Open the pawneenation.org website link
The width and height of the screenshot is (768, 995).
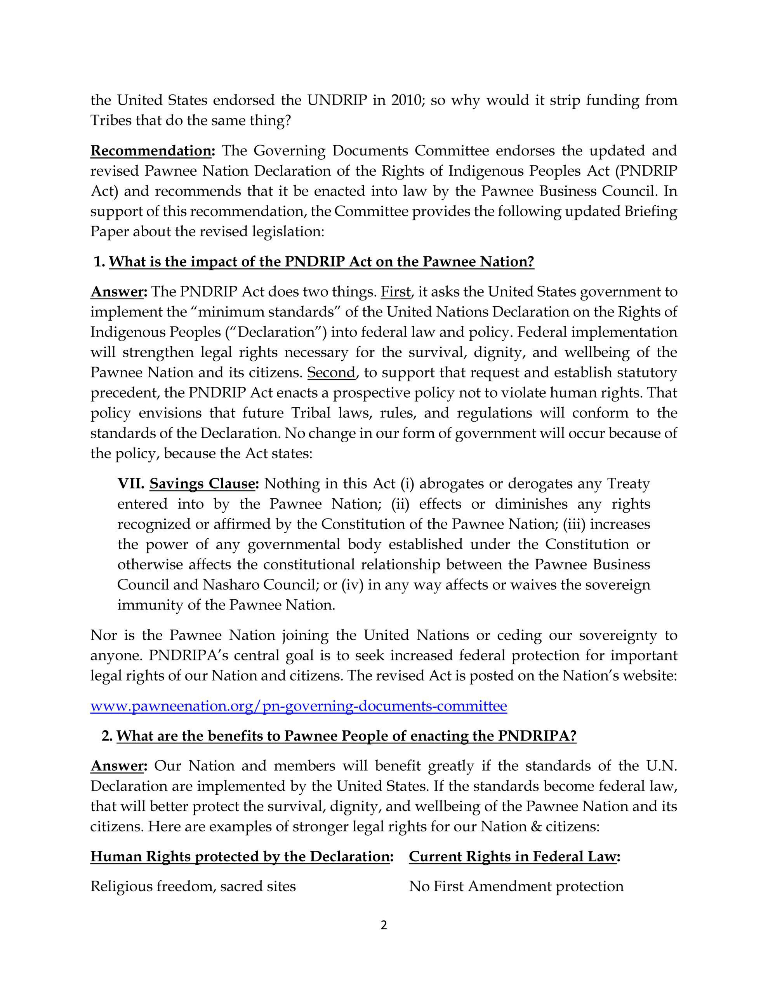click(x=298, y=706)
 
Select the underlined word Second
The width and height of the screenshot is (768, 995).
click(x=331, y=373)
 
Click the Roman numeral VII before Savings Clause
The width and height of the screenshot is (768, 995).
click(x=131, y=484)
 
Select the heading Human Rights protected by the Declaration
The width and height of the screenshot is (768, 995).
click(x=240, y=857)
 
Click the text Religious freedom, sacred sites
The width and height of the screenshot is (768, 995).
click(x=193, y=887)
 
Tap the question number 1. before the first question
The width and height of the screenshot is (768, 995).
click(x=99, y=262)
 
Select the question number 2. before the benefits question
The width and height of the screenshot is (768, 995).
click(x=107, y=736)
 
